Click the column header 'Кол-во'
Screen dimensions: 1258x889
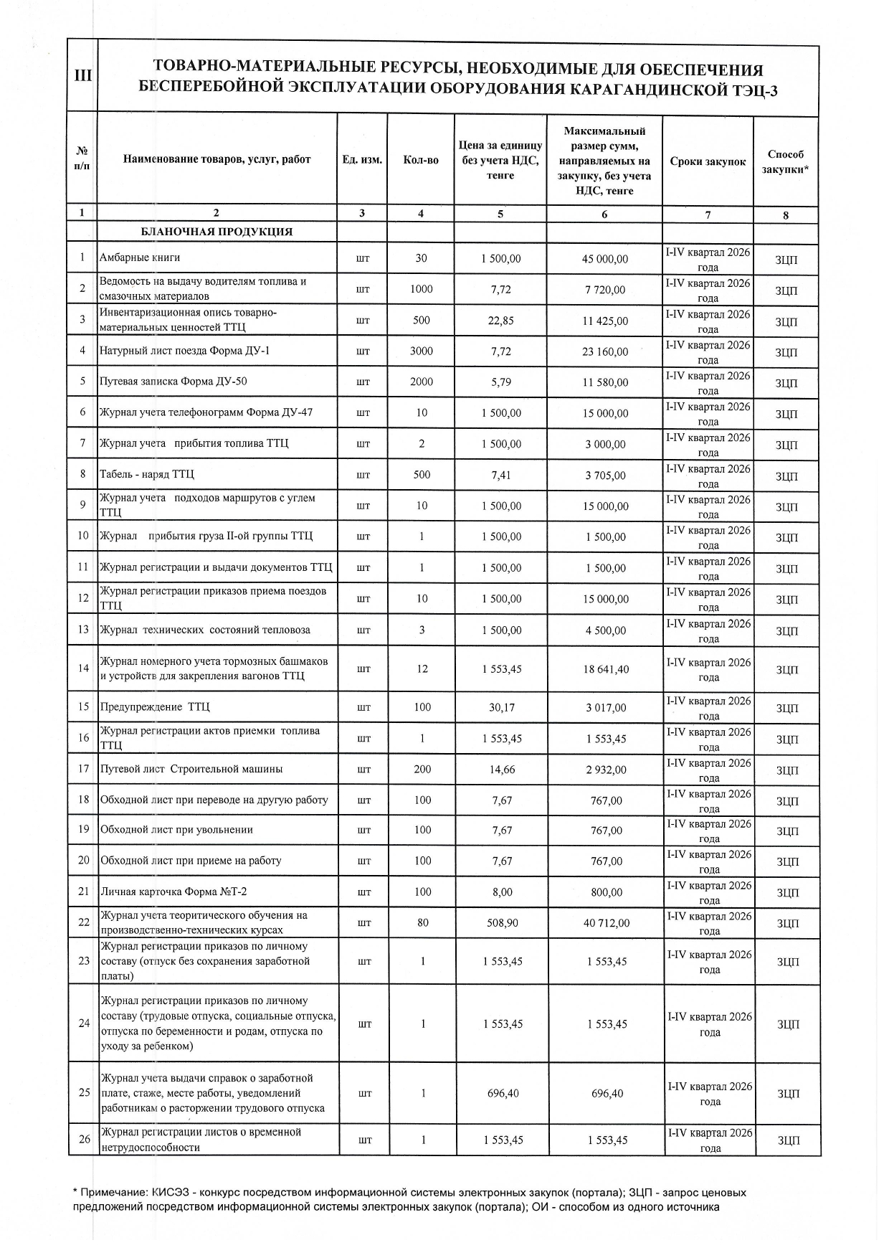[421, 160]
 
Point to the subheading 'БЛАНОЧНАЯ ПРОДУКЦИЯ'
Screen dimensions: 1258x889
[217, 232]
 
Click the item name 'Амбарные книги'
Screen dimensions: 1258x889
[141, 257]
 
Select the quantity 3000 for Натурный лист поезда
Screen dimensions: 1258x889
[422, 351]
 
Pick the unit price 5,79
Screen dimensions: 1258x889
[501, 382]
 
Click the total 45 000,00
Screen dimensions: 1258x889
[606, 259]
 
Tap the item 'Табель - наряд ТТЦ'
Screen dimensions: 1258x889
[147, 475]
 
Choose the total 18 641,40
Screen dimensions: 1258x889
[606, 669]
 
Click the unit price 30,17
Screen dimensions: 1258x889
[502, 707]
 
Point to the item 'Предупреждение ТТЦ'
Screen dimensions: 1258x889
[155, 707]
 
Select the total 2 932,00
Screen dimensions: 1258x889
[607, 770]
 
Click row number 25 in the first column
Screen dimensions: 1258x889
[84, 1092]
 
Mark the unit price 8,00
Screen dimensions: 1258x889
[503, 892]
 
